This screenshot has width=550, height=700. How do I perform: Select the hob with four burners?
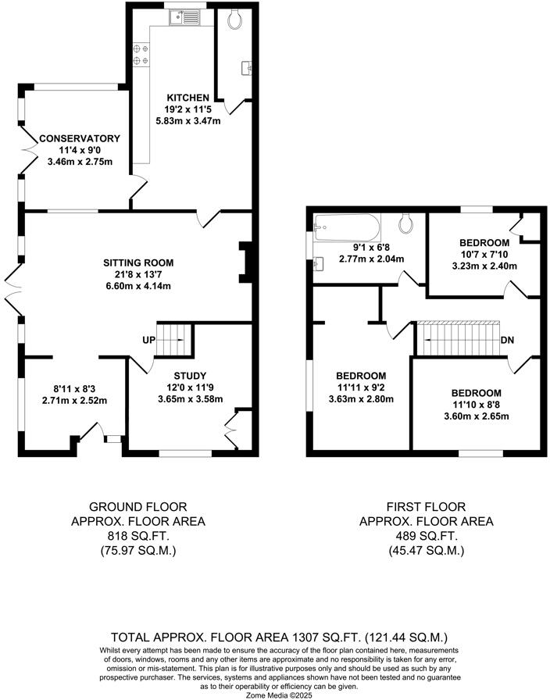141,54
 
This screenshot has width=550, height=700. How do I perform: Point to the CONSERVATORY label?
70,138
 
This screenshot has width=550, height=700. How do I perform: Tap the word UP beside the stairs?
148,340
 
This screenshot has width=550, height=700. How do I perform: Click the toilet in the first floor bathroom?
405,224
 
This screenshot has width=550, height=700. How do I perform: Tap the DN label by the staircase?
506,340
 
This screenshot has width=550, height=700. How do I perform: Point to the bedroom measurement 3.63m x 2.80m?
362,398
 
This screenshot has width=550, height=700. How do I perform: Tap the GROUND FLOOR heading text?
138,507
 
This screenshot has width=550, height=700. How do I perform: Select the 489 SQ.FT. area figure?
426,537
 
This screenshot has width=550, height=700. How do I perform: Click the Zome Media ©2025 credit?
275,693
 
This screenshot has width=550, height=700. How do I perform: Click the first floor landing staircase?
454,337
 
